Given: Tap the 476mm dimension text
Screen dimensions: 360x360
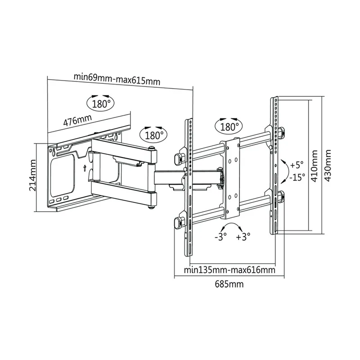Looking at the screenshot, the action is coord(77,120).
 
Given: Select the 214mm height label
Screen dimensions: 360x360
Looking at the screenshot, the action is coord(32,175).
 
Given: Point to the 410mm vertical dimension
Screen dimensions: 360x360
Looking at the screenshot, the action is coord(314,166).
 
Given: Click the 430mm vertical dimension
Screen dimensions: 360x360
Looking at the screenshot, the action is coord(328,166).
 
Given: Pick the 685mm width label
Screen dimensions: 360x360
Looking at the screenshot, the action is coord(229,284).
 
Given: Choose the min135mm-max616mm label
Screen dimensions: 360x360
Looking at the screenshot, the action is coord(229,270).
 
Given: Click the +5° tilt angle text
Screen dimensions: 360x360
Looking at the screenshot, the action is coord(297,165).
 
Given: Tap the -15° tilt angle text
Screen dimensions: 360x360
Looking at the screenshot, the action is coord(297,177).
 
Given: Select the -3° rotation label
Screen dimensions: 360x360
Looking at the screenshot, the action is coord(220,237).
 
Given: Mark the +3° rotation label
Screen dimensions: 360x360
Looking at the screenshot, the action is coord(243,237).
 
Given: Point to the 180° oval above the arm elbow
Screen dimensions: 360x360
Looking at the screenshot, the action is coord(153,135).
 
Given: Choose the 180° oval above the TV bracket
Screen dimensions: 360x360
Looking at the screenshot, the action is coord(229,126).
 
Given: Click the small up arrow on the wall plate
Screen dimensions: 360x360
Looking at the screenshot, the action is coord(85,168).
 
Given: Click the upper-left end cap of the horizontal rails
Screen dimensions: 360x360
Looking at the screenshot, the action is coord(179,159).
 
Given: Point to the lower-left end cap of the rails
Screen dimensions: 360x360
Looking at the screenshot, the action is coord(178,222).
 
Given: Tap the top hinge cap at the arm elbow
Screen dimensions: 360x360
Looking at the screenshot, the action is coord(151,148).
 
